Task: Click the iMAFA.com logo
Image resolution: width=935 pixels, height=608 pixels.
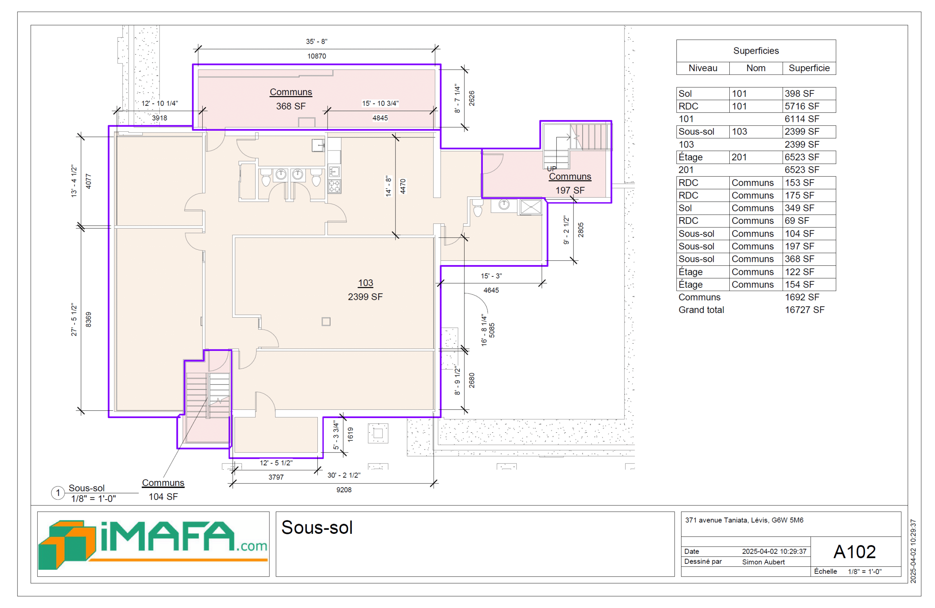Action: (x=153, y=544)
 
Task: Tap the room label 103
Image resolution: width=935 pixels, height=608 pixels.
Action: (x=365, y=283)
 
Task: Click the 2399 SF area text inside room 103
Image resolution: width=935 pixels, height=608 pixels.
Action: (x=365, y=297)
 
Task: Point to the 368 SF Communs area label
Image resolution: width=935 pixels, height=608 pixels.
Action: (x=291, y=106)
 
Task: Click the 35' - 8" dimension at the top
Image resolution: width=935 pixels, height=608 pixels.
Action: (x=317, y=41)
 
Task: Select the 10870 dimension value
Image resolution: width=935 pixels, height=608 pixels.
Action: (x=317, y=56)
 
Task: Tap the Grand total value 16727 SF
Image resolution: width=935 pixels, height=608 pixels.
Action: (x=805, y=310)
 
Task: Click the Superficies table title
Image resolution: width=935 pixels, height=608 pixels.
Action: (x=756, y=51)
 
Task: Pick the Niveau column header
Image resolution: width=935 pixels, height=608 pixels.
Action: (x=703, y=68)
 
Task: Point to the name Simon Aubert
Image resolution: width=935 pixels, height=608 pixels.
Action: (x=763, y=562)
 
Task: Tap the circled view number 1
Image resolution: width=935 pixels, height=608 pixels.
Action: (x=58, y=493)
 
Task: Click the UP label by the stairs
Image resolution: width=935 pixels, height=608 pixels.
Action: (x=552, y=169)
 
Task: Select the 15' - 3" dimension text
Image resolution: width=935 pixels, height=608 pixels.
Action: (x=491, y=276)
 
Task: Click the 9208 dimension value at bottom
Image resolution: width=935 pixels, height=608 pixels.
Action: (x=344, y=490)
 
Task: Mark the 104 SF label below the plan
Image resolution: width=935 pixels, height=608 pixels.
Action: (x=163, y=497)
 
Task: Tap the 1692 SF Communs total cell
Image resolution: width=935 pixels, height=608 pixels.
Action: (x=802, y=297)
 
